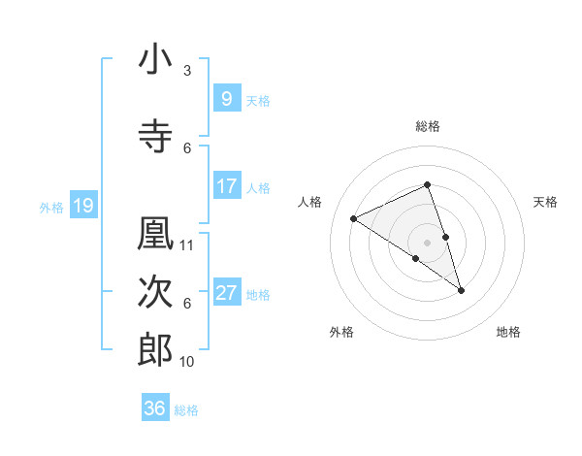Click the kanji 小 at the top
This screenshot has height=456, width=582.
click(155, 59)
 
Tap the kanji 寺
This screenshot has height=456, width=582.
click(155, 137)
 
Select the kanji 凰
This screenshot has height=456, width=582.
click(155, 234)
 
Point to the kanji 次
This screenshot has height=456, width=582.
click(155, 292)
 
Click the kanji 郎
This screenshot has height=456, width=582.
click(155, 350)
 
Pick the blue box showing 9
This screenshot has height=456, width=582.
click(226, 98)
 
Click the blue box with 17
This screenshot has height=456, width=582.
click(226, 185)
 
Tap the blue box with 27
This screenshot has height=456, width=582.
click(226, 292)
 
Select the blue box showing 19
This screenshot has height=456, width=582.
click(82, 205)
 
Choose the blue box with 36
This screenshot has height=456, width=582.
click(155, 408)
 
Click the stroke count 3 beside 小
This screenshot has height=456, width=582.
click(187, 71)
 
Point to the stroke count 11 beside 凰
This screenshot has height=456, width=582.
click(187, 245)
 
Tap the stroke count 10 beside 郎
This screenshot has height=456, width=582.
click(187, 362)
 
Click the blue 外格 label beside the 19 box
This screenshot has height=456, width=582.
click(51, 207)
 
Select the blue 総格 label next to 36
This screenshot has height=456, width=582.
click(186, 410)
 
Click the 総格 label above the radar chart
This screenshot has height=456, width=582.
click(428, 126)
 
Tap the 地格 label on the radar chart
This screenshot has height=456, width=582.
click(508, 332)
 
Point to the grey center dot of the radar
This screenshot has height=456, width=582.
click(428, 242)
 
